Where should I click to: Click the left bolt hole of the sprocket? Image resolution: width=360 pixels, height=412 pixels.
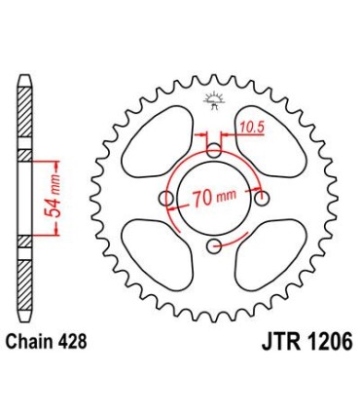pyautogui.click(x=167, y=199)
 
